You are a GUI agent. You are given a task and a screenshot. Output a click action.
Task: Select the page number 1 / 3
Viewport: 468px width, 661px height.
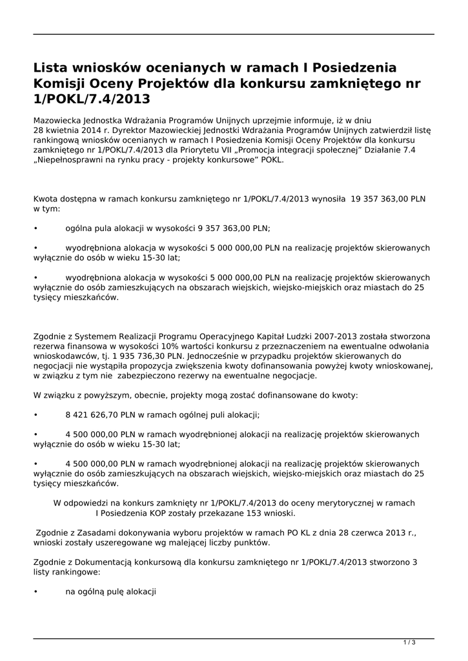click(409, 642)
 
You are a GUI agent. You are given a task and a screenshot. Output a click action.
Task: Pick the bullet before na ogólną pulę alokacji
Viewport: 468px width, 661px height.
click(36, 591)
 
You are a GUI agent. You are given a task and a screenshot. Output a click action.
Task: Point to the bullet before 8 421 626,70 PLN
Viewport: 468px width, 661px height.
click(36, 415)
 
